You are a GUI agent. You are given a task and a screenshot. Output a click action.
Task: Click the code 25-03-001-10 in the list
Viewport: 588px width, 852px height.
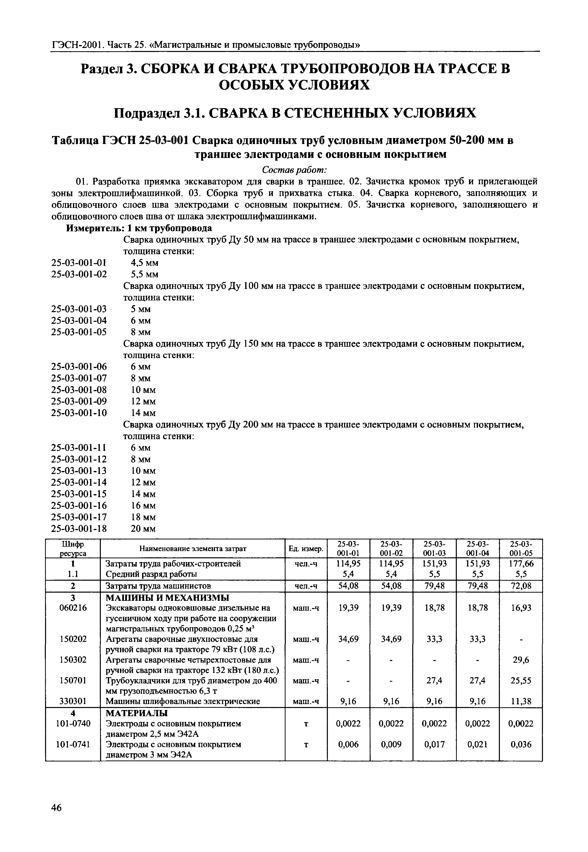pos(79,413)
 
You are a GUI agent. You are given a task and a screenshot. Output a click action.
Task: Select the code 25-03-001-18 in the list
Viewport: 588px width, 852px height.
pos(79,529)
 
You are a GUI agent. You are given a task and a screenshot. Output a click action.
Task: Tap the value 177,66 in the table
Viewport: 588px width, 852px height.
pos(521,564)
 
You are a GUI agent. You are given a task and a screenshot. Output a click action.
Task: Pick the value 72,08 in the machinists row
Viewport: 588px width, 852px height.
pos(521,586)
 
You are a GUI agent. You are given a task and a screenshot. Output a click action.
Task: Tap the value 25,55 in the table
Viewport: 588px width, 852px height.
pos(521,681)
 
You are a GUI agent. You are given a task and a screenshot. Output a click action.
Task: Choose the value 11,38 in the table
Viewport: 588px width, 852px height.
pos(521,702)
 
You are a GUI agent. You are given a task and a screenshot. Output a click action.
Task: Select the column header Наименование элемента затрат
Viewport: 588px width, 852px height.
pos(193,549)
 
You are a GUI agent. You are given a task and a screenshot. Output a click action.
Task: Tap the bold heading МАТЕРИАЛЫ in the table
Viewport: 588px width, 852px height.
pos(137,713)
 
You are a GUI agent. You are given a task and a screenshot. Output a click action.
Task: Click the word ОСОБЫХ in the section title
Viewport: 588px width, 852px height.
pos(250,85)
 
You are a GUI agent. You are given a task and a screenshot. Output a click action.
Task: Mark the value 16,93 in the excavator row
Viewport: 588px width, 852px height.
pos(521,608)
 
